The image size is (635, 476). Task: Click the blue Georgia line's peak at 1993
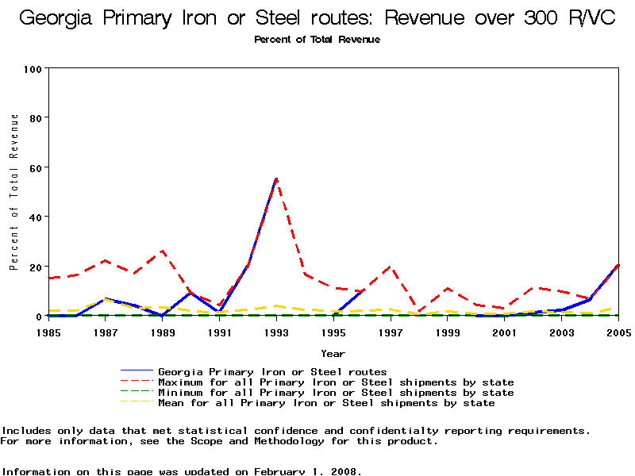pyautogui.click(x=276, y=178)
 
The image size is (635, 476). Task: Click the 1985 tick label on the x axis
pyautogui.click(x=48, y=332)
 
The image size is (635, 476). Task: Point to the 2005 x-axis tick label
pyautogui.click(x=618, y=332)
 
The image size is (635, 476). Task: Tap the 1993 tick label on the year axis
pyautogui.click(x=276, y=332)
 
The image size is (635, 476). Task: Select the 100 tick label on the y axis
pyautogui.click(x=32, y=69)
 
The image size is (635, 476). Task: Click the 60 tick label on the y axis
pyautogui.click(x=35, y=167)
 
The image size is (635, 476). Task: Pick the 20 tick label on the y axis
pyautogui.click(x=35, y=267)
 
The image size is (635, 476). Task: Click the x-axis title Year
pyautogui.click(x=333, y=353)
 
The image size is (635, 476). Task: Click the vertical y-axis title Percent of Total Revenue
pyautogui.click(x=13, y=191)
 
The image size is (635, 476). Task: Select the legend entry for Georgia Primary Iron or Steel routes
pyautogui.click(x=272, y=371)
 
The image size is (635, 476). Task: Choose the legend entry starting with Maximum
pyautogui.click(x=336, y=382)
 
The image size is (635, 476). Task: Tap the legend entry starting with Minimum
pyautogui.click(x=336, y=393)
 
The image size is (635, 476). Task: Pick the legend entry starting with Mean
pyautogui.click(x=326, y=403)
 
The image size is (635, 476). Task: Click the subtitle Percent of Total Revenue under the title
pyautogui.click(x=317, y=40)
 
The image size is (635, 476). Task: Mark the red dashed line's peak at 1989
pyautogui.click(x=163, y=251)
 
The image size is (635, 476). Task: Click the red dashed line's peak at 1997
pyautogui.click(x=391, y=267)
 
